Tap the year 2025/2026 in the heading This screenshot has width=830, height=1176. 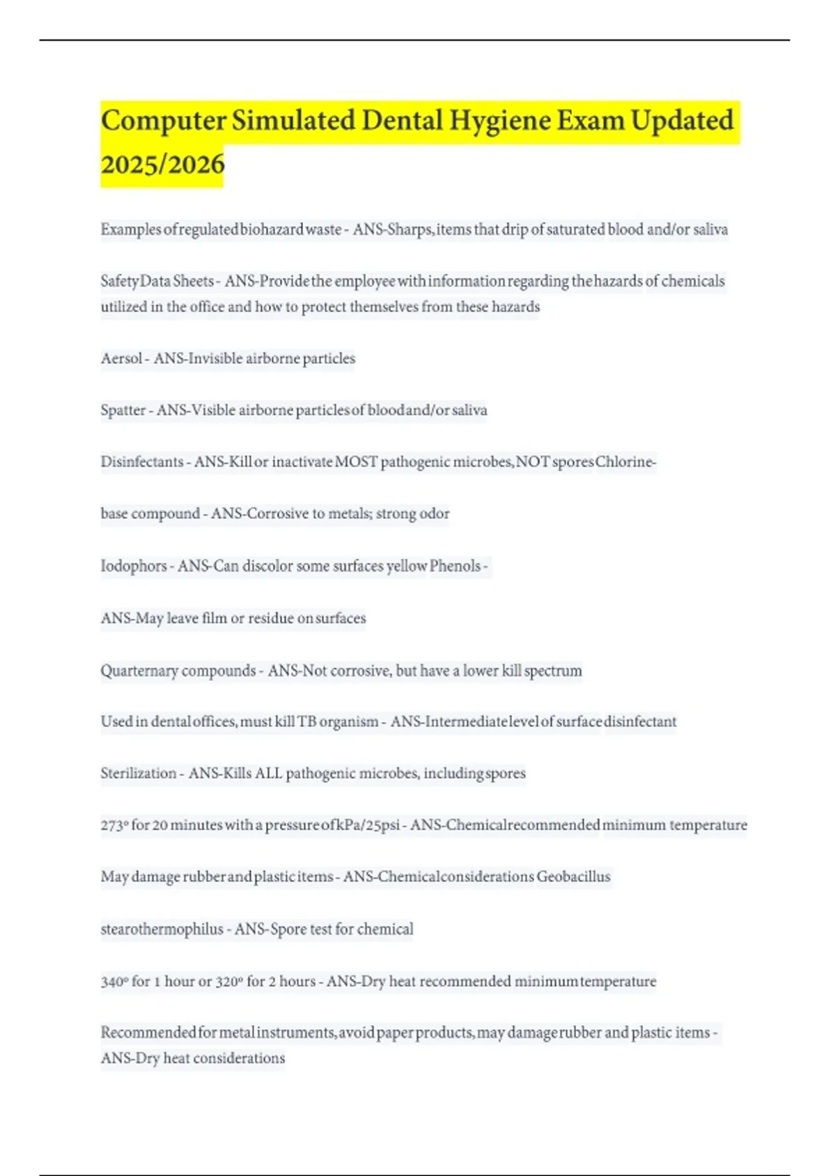click(x=163, y=165)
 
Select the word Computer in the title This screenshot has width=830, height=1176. click(x=163, y=121)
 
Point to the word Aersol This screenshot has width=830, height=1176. click(x=122, y=358)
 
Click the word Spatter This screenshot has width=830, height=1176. click(x=123, y=410)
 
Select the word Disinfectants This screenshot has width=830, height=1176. click(x=142, y=461)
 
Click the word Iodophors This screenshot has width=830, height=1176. click(x=133, y=566)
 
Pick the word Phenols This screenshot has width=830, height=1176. click(x=455, y=566)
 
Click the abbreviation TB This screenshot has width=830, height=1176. click(x=307, y=722)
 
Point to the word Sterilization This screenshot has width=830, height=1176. click(x=138, y=773)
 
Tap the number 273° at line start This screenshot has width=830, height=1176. click(x=114, y=825)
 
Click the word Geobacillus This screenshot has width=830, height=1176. click(x=573, y=876)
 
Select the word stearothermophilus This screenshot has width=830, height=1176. click(x=162, y=929)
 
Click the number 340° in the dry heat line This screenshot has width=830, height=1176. click(x=114, y=981)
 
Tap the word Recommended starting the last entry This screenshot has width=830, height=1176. click(x=148, y=1032)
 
